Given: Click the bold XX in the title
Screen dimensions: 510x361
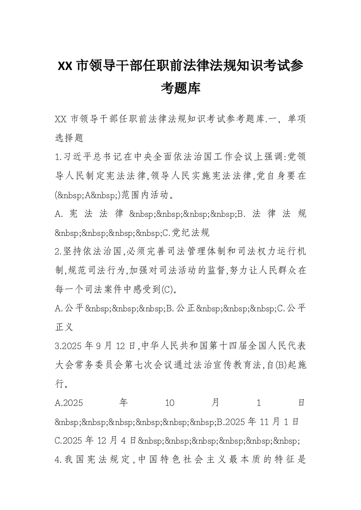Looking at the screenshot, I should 66,66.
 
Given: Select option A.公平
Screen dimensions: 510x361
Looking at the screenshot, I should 69,309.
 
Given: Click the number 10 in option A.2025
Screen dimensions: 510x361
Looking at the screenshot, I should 169,403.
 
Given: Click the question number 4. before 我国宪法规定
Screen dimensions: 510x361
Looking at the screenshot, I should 58,460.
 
